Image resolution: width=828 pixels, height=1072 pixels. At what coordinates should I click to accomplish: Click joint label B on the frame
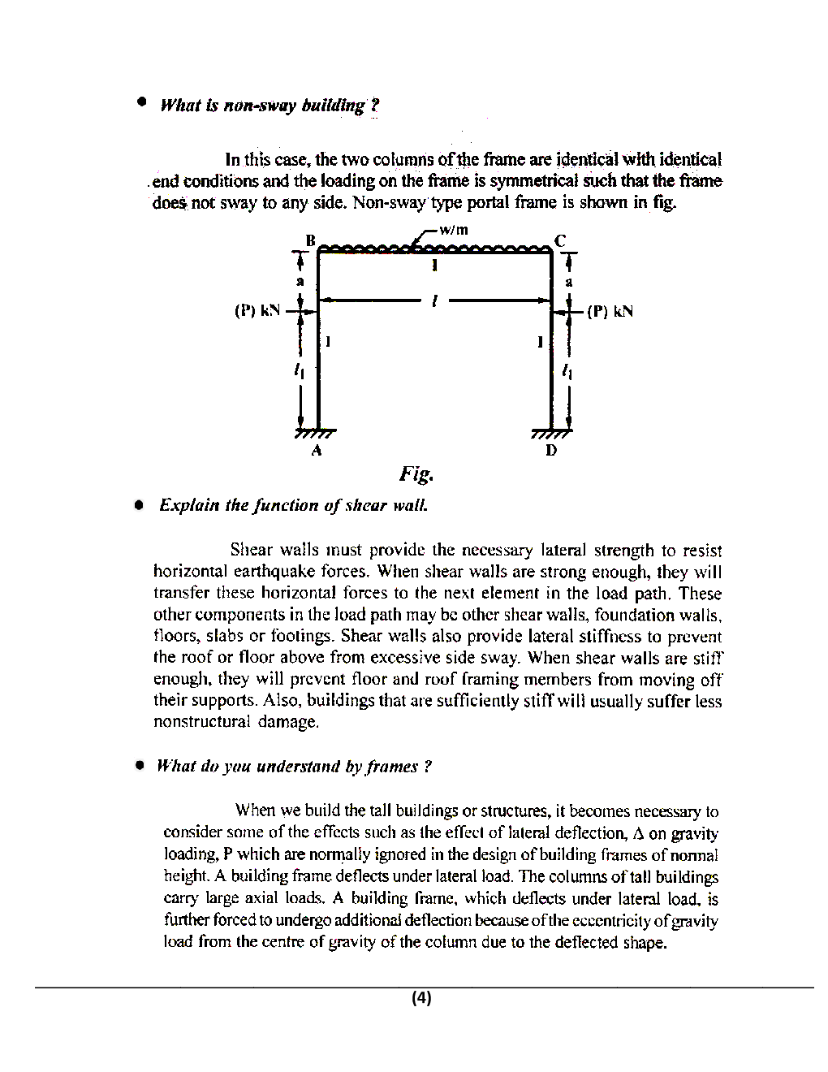point(309,240)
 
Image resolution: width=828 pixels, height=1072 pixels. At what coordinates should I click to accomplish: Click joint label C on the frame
point(560,240)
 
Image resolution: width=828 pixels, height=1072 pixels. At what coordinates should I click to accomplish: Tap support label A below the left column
point(317,449)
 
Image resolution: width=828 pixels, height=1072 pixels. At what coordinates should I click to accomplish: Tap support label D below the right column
point(551,449)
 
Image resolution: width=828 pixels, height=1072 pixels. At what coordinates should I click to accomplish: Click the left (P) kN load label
point(257,310)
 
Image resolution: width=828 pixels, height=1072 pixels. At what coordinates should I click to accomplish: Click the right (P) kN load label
point(610,311)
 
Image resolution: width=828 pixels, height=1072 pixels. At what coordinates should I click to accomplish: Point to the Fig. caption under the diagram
point(416,473)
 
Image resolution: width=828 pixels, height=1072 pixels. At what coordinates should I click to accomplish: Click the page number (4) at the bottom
point(421,997)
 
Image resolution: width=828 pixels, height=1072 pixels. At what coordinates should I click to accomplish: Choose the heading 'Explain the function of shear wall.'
point(293,505)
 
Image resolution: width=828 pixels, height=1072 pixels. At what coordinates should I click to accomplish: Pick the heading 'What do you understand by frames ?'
point(294,767)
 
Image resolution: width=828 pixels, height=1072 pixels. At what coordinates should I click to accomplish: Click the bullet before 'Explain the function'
point(140,504)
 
